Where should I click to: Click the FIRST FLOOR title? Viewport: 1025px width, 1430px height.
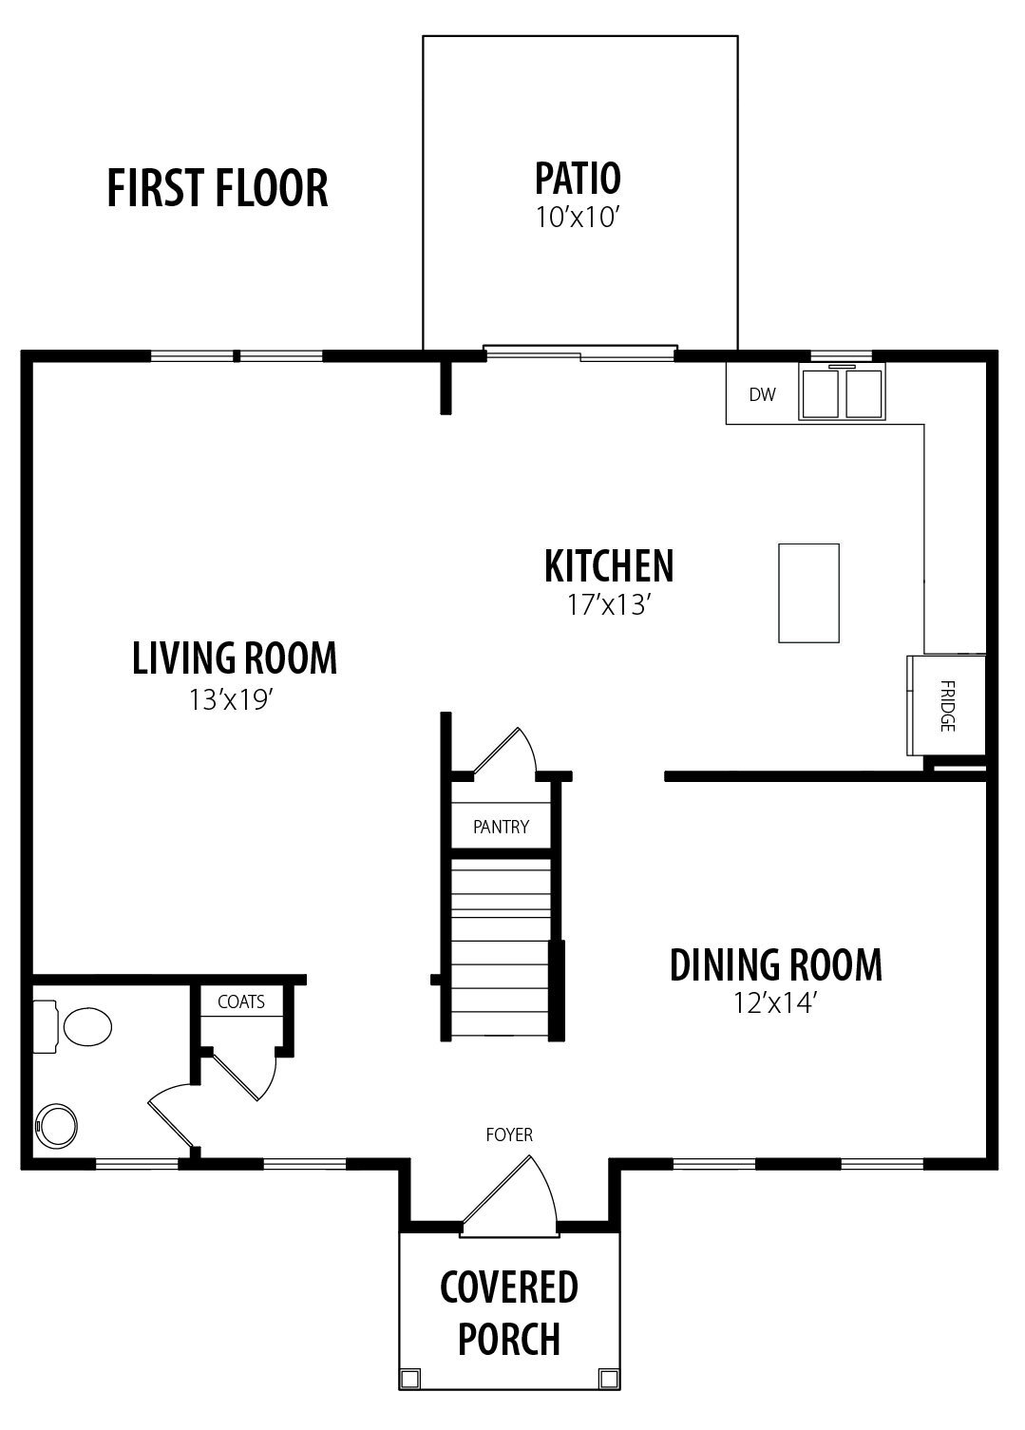[217, 188]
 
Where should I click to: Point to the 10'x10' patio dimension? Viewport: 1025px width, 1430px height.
[578, 218]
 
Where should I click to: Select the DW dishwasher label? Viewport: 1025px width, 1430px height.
[762, 394]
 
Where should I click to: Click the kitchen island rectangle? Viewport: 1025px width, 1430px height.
[808, 593]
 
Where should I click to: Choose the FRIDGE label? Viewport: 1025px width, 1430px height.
[947, 705]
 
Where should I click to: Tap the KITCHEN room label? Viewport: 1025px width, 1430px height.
[609, 565]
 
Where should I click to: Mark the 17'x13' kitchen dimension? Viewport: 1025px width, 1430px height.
[609, 604]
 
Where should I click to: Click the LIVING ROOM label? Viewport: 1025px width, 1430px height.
[235, 658]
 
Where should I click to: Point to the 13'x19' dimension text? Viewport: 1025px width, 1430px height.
[231, 700]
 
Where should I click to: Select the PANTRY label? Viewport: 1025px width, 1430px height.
[501, 827]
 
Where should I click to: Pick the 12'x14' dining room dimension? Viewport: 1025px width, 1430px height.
[775, 1003]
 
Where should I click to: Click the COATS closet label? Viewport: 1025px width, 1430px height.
[241, 1001]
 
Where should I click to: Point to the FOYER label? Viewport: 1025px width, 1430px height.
[509, 1134]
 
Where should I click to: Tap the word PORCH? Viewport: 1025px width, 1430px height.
[509, 1339]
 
